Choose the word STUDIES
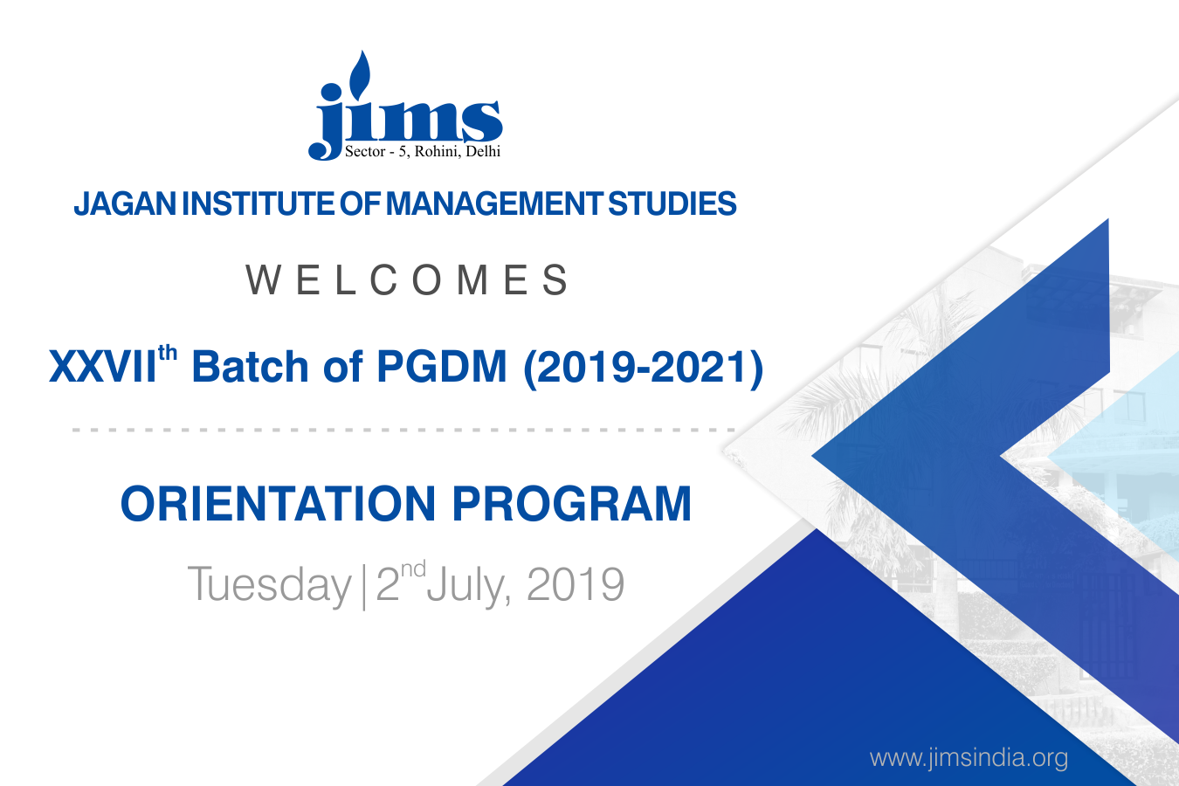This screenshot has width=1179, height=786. (x=672, y=203)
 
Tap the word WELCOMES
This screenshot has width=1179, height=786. (x=407, y=280)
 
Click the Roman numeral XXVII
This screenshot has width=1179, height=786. (x=102, y=367)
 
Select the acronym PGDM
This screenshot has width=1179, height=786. (x=442, y=367)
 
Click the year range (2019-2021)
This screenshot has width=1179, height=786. (x=643, y=368)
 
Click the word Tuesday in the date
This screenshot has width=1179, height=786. (x=269, y=585)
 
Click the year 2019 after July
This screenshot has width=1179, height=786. (x=576, y=584)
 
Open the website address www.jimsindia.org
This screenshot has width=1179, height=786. (x=969, y=757)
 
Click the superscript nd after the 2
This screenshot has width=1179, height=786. (x=413, y=569)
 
